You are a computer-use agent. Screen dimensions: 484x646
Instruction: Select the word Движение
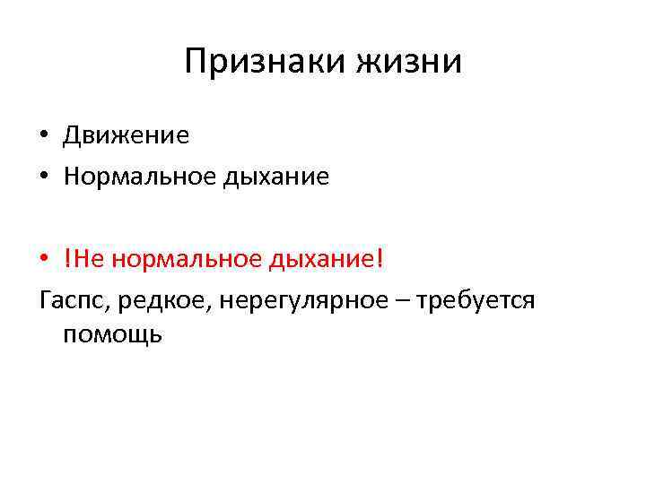click(x=126, y=135)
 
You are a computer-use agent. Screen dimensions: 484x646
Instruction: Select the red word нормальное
click(x=182, y=259)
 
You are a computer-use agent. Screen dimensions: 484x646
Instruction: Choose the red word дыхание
click(x=319, y=259)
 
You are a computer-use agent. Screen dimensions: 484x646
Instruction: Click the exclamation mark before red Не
click(x=67, y=259)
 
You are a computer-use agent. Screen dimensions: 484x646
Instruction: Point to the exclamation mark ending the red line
click(x=380, y=259)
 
